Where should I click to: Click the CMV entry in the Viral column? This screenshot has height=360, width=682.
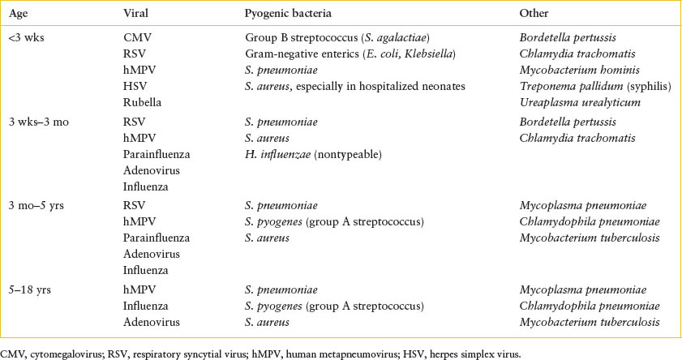tap(135, 38)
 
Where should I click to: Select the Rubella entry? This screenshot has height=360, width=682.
tap(140, 102)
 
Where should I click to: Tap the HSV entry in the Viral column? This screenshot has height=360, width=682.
tap(134, 86)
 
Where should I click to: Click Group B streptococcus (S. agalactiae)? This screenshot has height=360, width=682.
tap(337, 38)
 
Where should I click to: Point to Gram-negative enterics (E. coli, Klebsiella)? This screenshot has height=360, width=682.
tap(348, 54)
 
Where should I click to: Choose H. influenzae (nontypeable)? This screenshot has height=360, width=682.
tap(304, 154)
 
